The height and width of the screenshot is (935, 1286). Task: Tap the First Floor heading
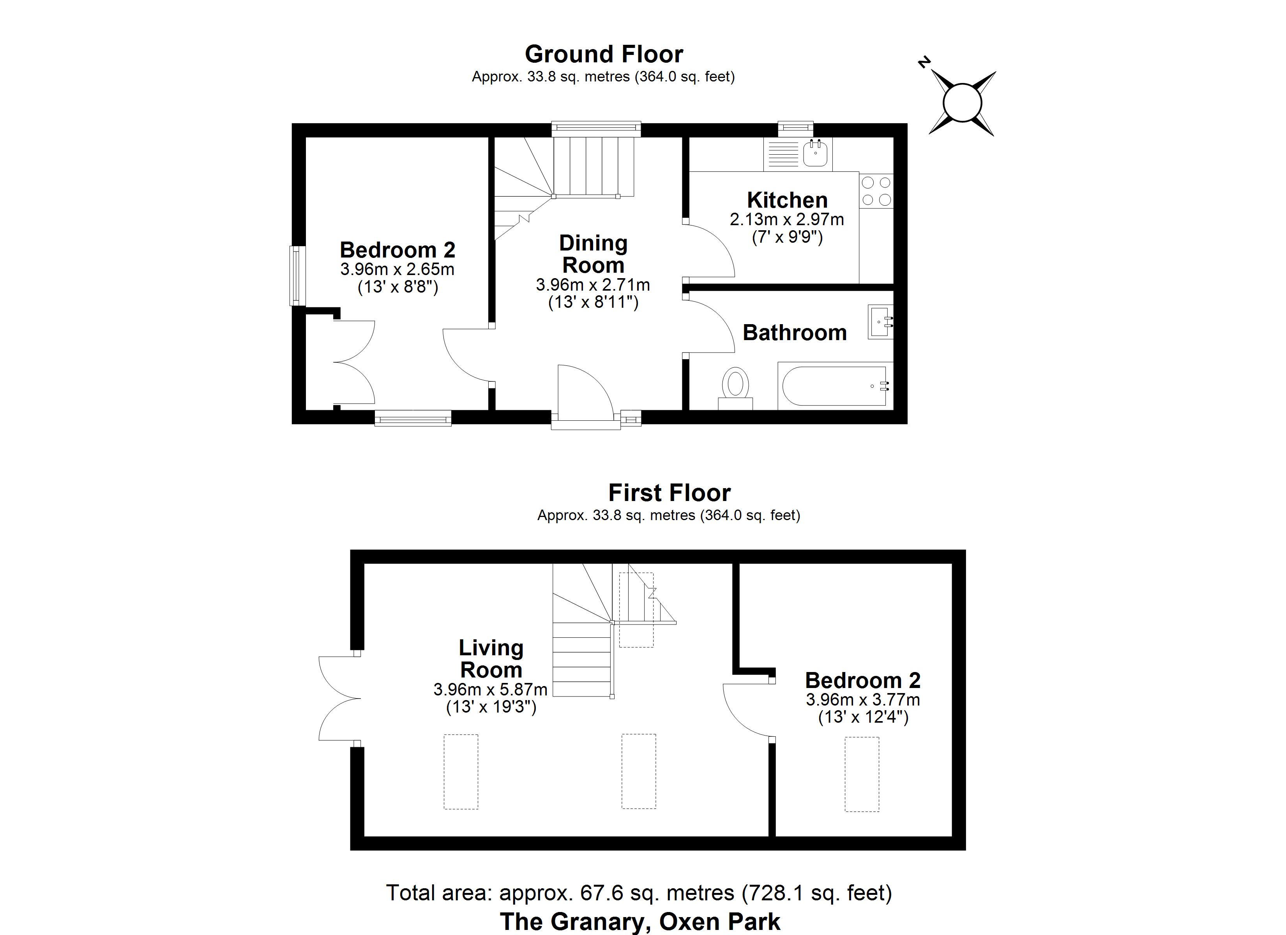coord(669,493)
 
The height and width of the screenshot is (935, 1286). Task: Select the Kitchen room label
coord(787,200)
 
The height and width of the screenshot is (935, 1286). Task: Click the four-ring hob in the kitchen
coord(876,191)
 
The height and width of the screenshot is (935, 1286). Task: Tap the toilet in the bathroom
coord(735,388)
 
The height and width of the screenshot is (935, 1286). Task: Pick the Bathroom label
coord(794,333)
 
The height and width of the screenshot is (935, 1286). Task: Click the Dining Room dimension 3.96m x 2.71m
coord(593,285)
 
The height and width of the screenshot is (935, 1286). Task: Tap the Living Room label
coord(491,658)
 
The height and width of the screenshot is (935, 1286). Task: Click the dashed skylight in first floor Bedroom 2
coord(862,774)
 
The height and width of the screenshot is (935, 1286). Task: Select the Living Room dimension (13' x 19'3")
coord(491,707)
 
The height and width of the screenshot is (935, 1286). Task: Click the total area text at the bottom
coord(639,893)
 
